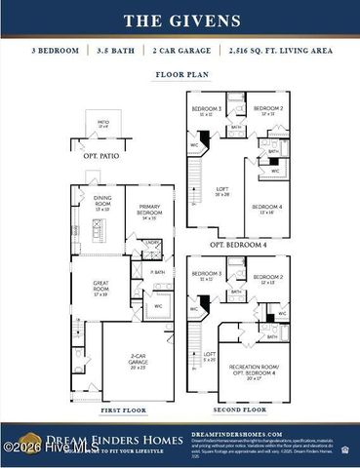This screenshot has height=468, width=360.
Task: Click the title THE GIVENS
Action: tap(180, 19)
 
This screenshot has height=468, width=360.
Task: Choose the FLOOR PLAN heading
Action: tap(180, 74)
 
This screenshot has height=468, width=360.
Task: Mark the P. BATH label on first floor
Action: tap(157, 273)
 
